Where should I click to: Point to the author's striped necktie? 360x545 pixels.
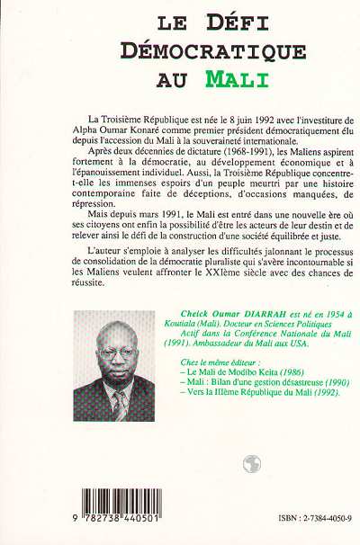(121, 406)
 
